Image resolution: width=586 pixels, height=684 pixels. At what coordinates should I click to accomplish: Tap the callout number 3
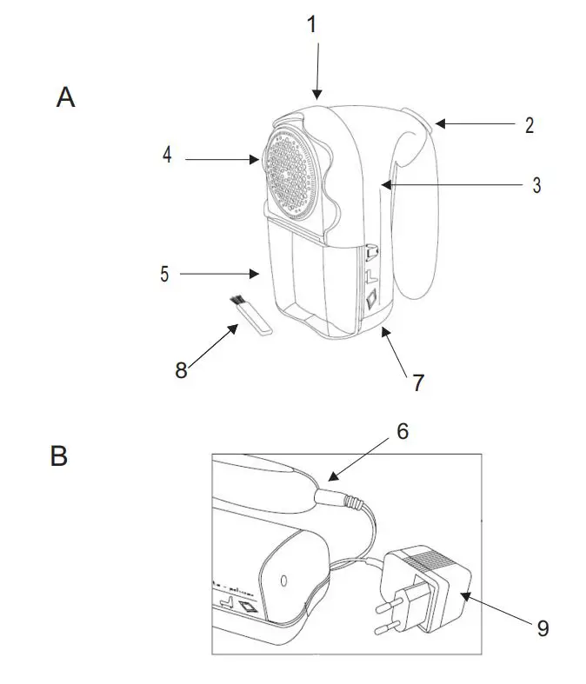click(536, 184)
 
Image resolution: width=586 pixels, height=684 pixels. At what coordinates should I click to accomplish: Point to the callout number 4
click(167, 156)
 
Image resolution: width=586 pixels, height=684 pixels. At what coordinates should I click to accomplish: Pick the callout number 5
click(163, 274)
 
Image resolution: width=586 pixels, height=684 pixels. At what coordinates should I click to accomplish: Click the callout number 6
click(401, 431)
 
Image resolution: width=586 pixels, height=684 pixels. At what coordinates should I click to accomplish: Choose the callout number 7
click(417, 382)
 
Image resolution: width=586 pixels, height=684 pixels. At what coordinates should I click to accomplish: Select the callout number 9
click(543, 628)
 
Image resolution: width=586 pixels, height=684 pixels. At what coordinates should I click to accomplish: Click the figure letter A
click(66, 97)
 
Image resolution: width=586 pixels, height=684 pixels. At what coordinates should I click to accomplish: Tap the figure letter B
click(59, 455)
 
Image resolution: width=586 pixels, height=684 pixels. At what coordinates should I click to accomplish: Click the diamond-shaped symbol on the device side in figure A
click(370, 299)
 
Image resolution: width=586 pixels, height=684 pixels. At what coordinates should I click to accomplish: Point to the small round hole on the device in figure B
click(284, 578)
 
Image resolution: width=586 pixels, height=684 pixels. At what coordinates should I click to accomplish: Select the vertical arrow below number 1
click(316, 70)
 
